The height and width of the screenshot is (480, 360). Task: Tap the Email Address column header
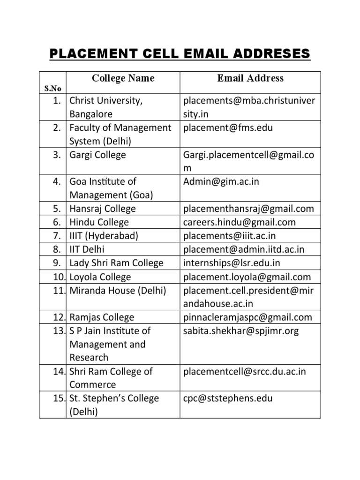pos(250,78)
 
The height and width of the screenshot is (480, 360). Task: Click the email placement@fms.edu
pos(228,128)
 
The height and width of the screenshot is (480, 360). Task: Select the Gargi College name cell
pos(97,155)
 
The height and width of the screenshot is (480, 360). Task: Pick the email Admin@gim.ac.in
pos(221,181)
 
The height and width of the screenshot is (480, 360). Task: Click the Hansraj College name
pos(102,209)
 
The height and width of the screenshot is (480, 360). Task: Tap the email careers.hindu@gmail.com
pos(240,222)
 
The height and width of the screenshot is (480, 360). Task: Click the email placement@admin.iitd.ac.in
pos(244,249)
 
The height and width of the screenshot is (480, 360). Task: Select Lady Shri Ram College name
pos(116,263)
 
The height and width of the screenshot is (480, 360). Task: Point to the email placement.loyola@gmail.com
pos(247,277)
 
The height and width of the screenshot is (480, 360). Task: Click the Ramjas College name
pos(102,317)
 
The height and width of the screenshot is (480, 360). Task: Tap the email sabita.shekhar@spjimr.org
pos(241,331)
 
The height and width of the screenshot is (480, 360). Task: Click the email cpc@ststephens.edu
pos(228,399)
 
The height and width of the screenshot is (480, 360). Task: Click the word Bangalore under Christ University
pos(91,114)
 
